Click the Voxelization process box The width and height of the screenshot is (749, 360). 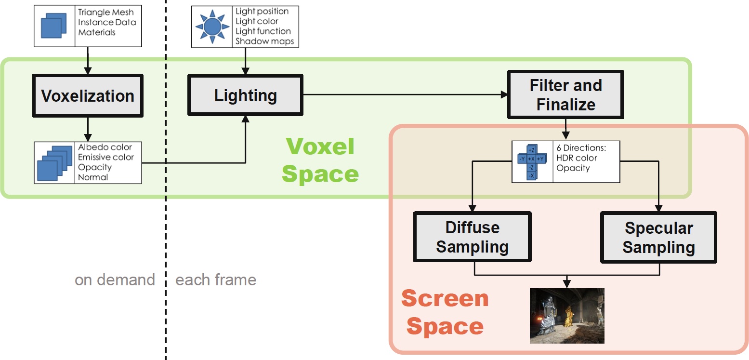click(x=88, y=96)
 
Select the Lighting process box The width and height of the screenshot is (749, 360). click(x=246, y=95)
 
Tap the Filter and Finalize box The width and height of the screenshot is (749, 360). click(x=565, y=94)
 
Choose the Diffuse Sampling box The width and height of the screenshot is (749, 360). click(x=472, y=237)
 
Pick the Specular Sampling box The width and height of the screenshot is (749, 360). click(x=658, y=237)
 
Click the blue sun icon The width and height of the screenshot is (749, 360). click(x=212, y=27)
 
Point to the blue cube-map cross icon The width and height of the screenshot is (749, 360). click(x=532, y=162)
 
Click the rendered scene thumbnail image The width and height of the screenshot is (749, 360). click(x=567, y=316)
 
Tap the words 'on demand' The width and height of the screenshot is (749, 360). click(x=115, y=280)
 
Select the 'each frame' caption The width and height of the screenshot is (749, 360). click(x=216, y=280)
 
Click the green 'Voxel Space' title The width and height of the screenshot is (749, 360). click(x=320, y=160)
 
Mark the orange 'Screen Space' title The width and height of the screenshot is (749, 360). click(x=445, y=312)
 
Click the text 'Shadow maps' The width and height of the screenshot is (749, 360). click(x=264, y=41)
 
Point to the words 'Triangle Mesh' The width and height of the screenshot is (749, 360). click(x=105, y=13)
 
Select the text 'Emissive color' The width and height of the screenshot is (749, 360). click(x=105, y=157)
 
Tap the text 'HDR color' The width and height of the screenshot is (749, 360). click(x=577, y=158)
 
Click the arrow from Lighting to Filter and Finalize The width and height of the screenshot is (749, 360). click(x=405, y=94)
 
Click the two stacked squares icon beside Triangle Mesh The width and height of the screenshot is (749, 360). click(x=53, y=26)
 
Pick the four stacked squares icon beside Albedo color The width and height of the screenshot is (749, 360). click(x=54, y=163)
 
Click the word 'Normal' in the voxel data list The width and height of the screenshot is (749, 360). click(x=93, y=177)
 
